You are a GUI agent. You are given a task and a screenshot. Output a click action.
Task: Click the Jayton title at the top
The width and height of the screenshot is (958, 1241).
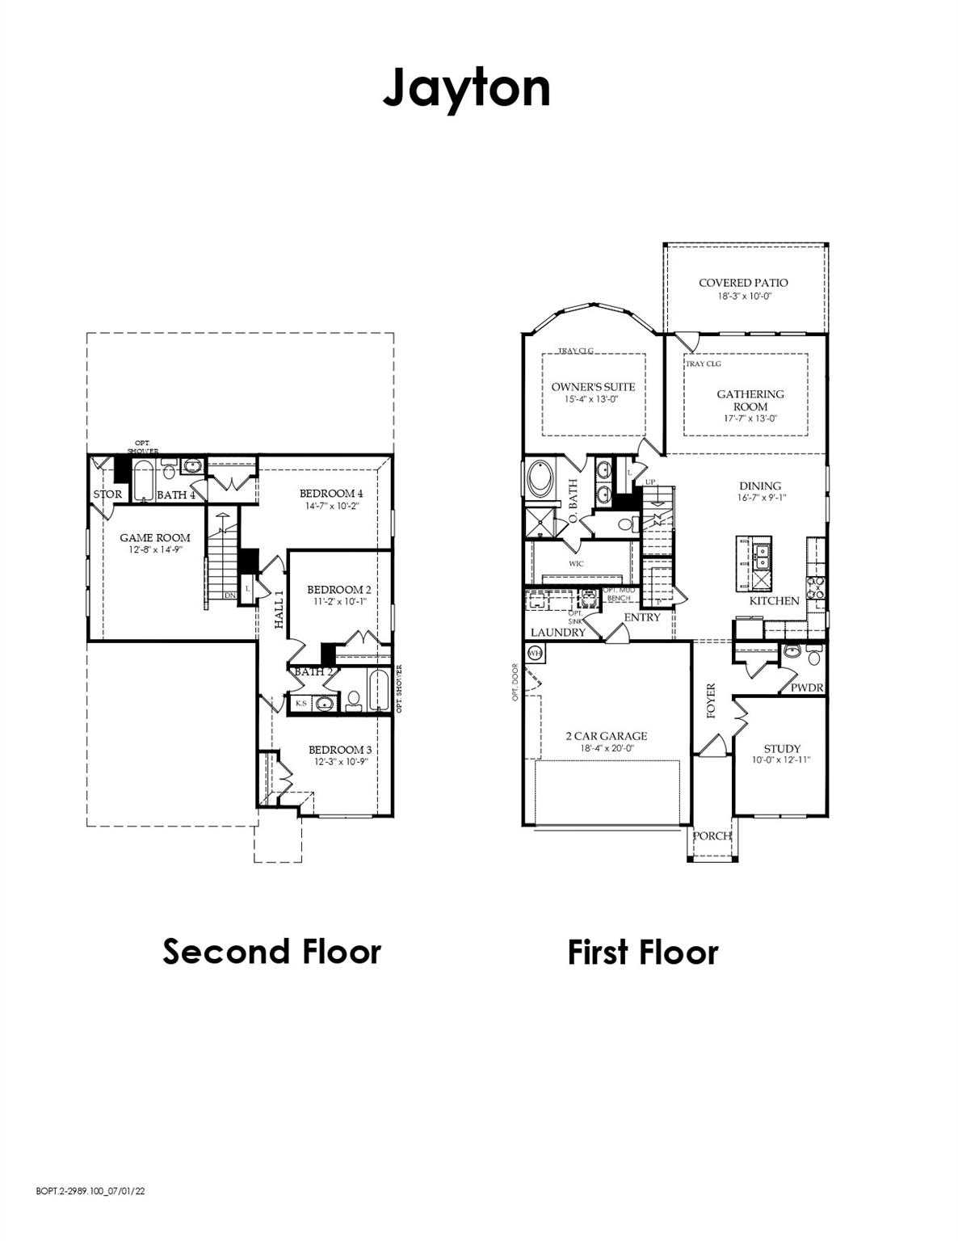[x=466, y=87]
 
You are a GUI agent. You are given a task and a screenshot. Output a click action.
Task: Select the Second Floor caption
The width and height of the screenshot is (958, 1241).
[x=271, y=951]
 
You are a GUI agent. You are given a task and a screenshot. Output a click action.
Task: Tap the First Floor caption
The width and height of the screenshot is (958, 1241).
[x=642, y=952]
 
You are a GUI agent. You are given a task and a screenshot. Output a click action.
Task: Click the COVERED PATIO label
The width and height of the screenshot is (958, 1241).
[x=743, y=283]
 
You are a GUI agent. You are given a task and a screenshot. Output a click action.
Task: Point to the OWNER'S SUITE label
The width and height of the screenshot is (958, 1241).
[x=593, y=387]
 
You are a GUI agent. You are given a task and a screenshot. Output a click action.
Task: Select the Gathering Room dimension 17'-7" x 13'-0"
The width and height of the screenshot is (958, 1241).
[x=750, y=419]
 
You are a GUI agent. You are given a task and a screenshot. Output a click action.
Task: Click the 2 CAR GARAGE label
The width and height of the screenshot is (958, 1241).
[x=606, y=736]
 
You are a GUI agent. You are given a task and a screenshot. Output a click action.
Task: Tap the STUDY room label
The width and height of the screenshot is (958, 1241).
[x=782, y=748]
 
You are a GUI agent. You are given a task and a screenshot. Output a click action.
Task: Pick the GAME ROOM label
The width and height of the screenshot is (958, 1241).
[x=155, y=537]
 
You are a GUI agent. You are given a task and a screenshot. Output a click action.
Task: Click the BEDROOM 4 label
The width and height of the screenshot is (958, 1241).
[x=331, y=494]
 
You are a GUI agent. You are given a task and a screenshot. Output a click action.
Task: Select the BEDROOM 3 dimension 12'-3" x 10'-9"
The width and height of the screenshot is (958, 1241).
[x=338, y=762]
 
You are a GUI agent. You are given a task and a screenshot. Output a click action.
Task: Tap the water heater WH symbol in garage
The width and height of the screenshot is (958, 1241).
[x=535, y=652]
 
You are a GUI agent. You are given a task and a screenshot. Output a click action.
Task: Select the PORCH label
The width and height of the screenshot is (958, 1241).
[x=712, y=835]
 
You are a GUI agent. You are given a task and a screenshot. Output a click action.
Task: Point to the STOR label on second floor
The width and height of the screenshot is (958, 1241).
[x=107, y=494]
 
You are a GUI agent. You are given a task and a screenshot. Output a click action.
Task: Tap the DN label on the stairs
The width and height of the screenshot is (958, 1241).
[x=230, y=595]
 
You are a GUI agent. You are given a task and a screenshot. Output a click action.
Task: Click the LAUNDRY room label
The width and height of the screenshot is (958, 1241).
[x=557, y=632]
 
